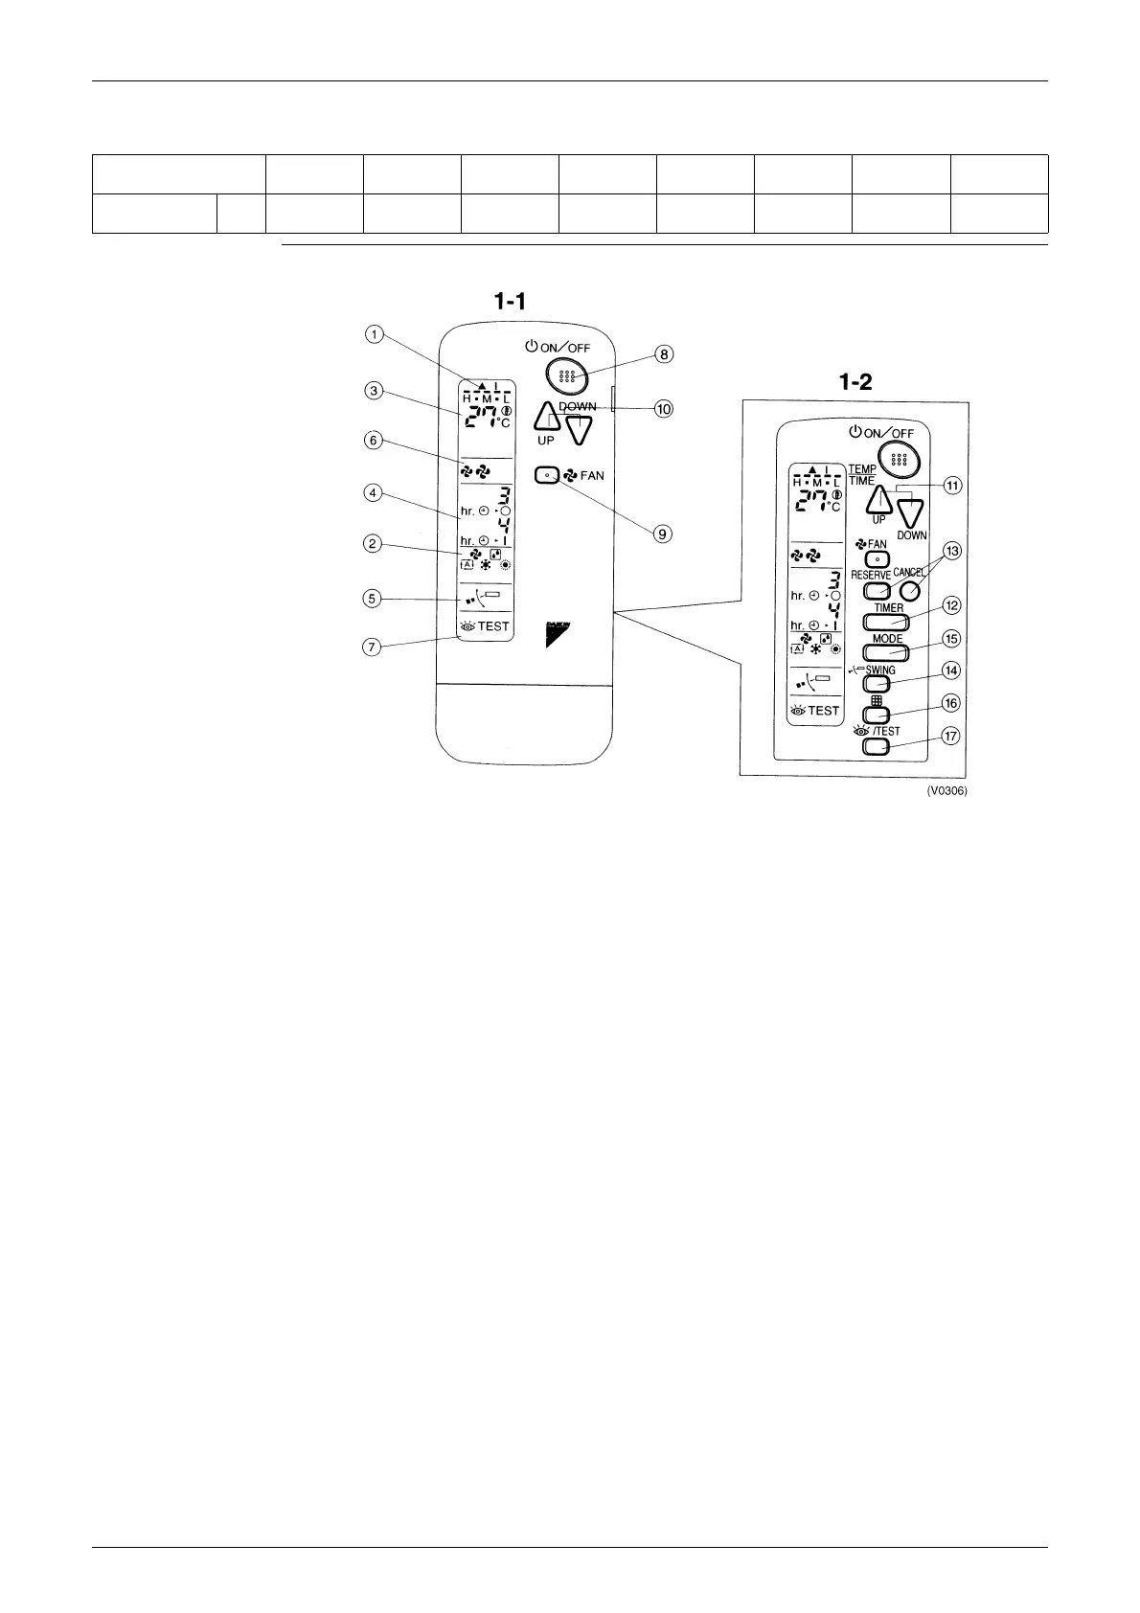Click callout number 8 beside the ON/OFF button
point(663,353)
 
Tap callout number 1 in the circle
point(375,334)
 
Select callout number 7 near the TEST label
point(375,647)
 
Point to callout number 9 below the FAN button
point(663,534)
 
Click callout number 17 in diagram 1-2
point(951,737)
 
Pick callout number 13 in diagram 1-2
point(951,551)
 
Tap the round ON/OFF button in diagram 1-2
point(897,460)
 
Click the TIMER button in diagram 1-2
point(888,621)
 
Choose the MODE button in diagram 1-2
point(888,652)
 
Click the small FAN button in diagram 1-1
point(547,474)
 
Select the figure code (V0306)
point(946,792)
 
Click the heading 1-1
point(510,302)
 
